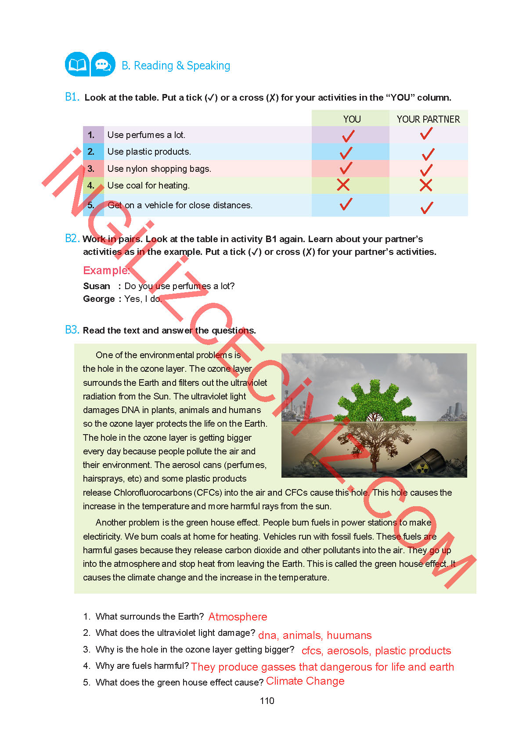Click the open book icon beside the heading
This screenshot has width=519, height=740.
pos(77,65)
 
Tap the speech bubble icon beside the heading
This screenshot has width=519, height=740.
pos(103,65)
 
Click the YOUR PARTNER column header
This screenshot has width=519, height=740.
pos(428,119)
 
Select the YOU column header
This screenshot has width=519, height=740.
pos(352,119)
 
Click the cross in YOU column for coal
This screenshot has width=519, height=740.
pos(343,185)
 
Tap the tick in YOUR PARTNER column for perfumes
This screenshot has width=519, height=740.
pos(426,134)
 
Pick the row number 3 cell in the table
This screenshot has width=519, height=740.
pos(91,169)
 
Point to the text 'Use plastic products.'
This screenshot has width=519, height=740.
pos(149,152)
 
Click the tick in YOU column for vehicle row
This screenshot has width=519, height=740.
pos(346,204)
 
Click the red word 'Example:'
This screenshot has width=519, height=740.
pos(106,270)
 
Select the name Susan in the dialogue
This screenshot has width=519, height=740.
pos(97,286)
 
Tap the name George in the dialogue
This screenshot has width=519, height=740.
pos(99,299)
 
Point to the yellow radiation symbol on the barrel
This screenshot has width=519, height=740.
pos(422,468)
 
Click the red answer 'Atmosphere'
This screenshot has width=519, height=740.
pos(238,617)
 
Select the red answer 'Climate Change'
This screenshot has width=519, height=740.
pos(305,681)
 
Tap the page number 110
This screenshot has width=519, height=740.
pos(267,701)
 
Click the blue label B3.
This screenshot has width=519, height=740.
pos(72,330)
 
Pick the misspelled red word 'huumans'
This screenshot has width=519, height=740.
pos(349,635)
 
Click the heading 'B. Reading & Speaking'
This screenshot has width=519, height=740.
pos(176,65)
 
